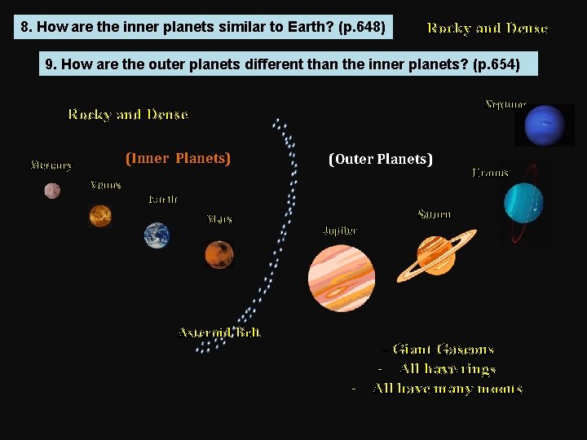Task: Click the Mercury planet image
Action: point(52,191)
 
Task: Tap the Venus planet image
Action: point(100,216)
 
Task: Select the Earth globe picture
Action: point(157,235)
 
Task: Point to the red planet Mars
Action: point(219,254)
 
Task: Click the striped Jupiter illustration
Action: point(342,278)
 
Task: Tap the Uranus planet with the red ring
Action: point(523,202)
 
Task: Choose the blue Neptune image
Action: point(544,125)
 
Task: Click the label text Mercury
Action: point(51,165)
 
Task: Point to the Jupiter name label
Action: point(340,231)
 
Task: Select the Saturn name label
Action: point(434,214)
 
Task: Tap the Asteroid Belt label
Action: point(220,332)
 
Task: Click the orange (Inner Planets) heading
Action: point(178,158)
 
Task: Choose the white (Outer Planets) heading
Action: point(381,159)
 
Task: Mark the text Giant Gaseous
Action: point(443,350)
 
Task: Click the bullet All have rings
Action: point(448,369)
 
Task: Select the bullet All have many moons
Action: point(448,389)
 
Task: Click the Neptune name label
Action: point(505,104)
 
